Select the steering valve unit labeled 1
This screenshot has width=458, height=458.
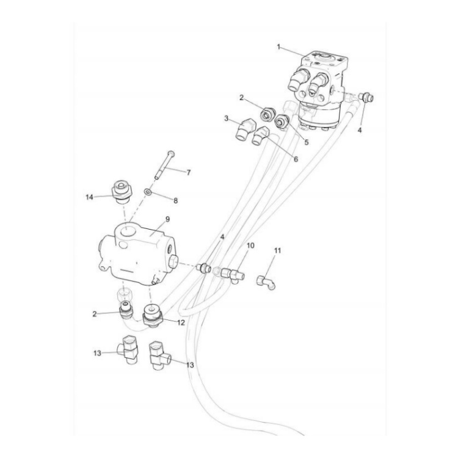321,85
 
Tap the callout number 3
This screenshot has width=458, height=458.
227,118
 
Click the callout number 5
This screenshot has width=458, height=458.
307,142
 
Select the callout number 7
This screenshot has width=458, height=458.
188,172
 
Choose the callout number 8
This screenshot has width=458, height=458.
176,200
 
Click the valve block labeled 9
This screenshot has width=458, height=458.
137,249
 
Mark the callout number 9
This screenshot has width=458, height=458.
167,219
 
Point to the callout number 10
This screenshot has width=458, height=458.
250,245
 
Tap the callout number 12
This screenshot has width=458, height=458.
181,322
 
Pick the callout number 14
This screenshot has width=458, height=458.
89,197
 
